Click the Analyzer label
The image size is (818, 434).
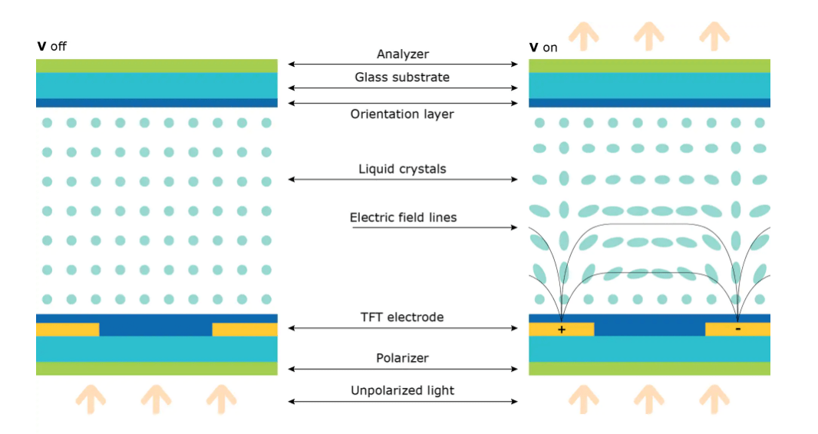click(403, 55)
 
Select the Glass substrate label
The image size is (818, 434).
click(402, 78)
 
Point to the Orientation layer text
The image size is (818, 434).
click(402, 114)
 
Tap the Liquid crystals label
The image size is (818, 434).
click(402, 169)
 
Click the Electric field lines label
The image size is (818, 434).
click(403, 217)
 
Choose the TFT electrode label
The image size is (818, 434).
click(402, 317)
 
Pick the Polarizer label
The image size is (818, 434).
click(402, 358)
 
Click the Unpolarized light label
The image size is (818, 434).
click(402, 390)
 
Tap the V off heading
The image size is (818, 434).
click(52, 47)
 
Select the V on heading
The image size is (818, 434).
click(543, 48)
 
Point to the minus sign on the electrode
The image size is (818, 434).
click(737, 329)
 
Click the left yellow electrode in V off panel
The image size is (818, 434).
click(68, 330)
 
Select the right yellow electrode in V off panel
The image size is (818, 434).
click(245, 330)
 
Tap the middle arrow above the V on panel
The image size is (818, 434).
click(649, 35)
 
